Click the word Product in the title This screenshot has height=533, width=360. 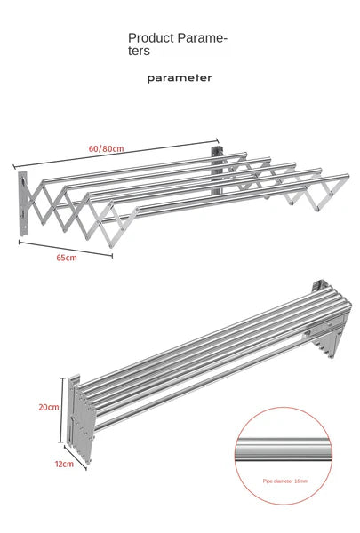coord(148,38)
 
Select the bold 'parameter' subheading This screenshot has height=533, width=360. coord(180,77)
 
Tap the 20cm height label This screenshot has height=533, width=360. coord(49,407)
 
